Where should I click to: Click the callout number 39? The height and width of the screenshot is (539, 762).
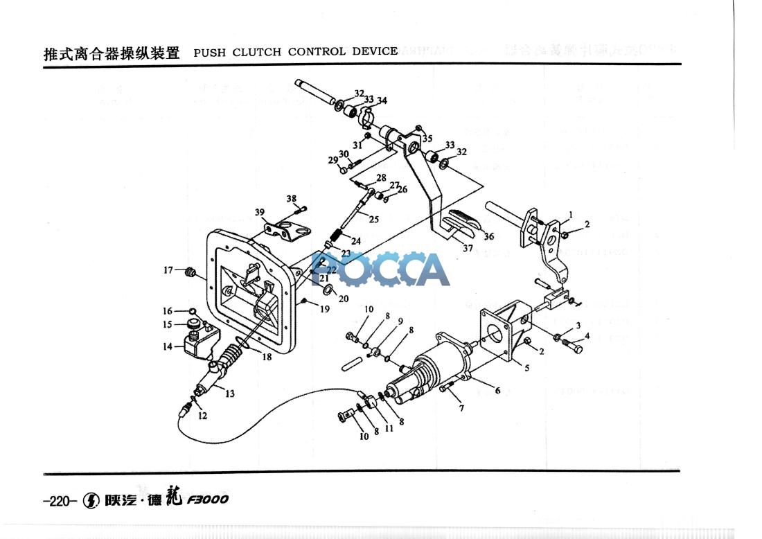pyautogui.click(x=259, y=212)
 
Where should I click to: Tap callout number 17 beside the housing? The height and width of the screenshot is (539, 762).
pyautogui.click(x=168, y=270)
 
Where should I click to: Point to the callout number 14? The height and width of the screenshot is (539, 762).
pyautogui.click(x=168, y=346)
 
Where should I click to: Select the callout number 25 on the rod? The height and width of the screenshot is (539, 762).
pyautogui.click(x=374, y=219)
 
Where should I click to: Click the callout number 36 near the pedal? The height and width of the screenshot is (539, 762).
pyautogui.click(x=488, y=236)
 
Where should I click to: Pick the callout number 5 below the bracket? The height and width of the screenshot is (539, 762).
pyautogui.click(x=526, y=369)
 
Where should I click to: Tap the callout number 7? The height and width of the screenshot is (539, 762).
pyautogui.click(x=462, y=408)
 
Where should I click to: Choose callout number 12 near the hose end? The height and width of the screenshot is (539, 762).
pyautogui.click(x=202, y=416)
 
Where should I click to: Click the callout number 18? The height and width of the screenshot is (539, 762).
pyautogui.click(x=267, y=357)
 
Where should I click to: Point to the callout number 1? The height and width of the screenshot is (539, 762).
pyautogui.click(x=570, y=214)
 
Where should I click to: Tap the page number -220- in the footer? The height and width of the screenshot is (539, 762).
pyautogui.click(x=58, y=500)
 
